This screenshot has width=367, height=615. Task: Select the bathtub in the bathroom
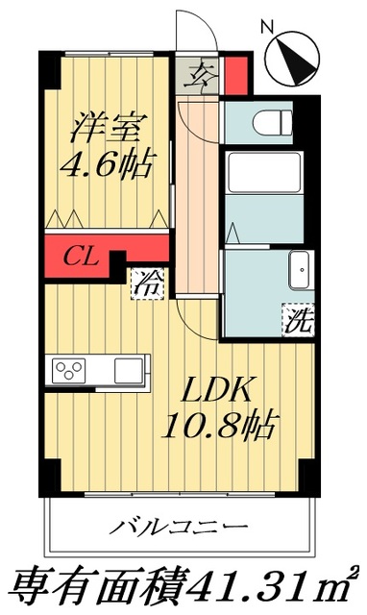coord(265,177)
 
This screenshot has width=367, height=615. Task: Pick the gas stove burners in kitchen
coord(69,370)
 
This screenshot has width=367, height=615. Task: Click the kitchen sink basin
coord(128,370)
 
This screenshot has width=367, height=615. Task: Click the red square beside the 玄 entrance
coord(236,73)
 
